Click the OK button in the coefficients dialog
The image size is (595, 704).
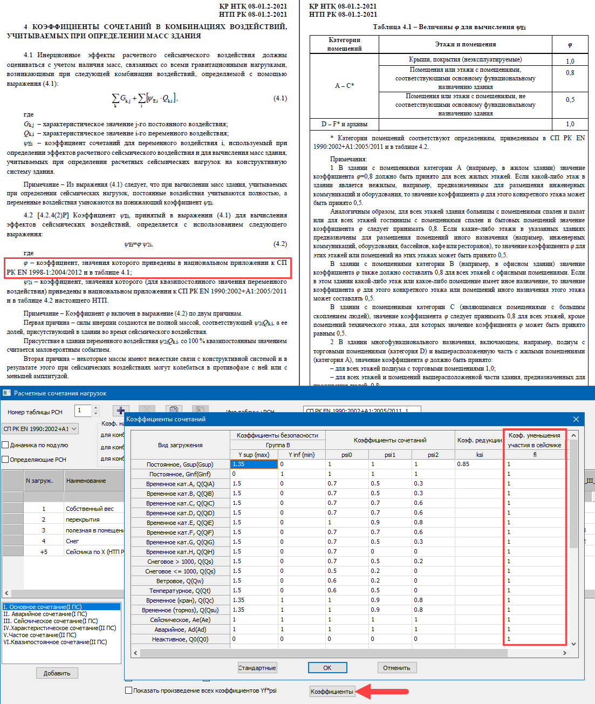(327, 668)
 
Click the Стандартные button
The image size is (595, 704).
(257, 668)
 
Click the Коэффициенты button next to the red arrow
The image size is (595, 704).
(332, 692)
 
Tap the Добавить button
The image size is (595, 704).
(57, 673)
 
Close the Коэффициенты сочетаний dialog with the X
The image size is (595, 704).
(576, 419)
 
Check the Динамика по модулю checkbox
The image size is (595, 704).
(6, 445)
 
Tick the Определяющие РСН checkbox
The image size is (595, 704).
(6, 460)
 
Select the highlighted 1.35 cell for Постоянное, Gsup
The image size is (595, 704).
(254, 464)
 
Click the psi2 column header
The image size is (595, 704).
(433, 455)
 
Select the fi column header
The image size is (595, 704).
(535, 455)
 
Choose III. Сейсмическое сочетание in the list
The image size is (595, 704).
(51, 621)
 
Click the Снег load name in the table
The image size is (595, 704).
(72, 541)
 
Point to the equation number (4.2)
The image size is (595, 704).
(280, 244)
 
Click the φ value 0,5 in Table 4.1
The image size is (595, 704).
(570, 100)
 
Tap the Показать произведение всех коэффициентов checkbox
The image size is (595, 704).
(128, 691)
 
